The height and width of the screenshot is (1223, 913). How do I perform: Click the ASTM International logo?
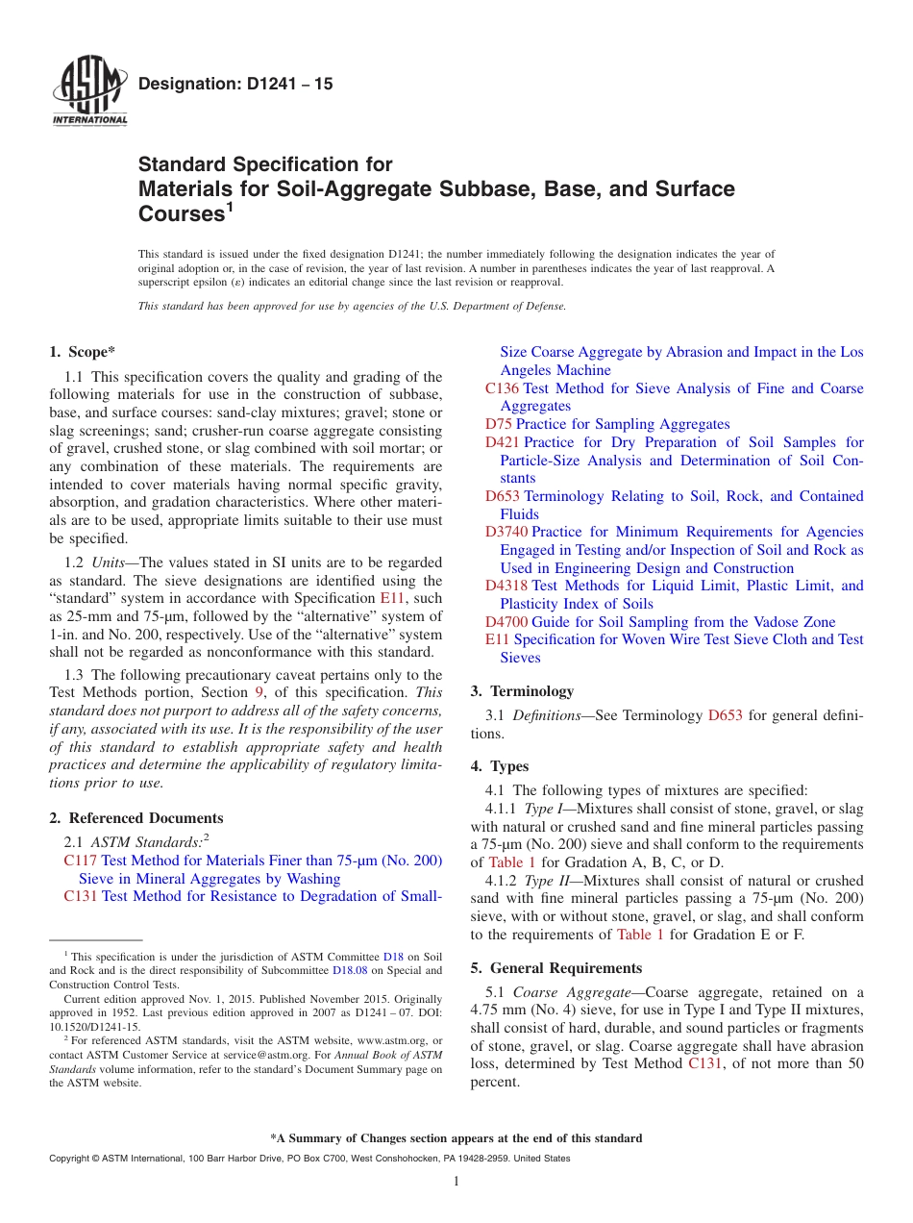[x=88, y=92]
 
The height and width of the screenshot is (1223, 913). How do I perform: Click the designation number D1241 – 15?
[x=235, y=85]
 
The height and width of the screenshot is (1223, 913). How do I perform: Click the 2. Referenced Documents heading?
[x=136, y=818]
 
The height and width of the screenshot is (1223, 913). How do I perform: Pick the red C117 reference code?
[x=80, y=861]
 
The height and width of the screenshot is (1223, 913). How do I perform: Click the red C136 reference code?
[x=502, y=388]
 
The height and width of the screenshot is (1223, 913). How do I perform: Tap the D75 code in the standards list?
[x=499, y=424]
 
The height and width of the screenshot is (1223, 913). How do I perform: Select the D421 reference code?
[x=502, y=442]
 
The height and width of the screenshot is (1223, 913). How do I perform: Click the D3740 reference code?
[x=506, y=532]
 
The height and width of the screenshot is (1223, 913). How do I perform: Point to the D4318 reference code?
[x=506, y=586]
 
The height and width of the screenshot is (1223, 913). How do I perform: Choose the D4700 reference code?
[x=506, y=622]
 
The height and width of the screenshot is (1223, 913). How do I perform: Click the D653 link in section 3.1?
[x=725, y=715]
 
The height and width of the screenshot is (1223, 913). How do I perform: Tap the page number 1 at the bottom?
[x=456, y=1182]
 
